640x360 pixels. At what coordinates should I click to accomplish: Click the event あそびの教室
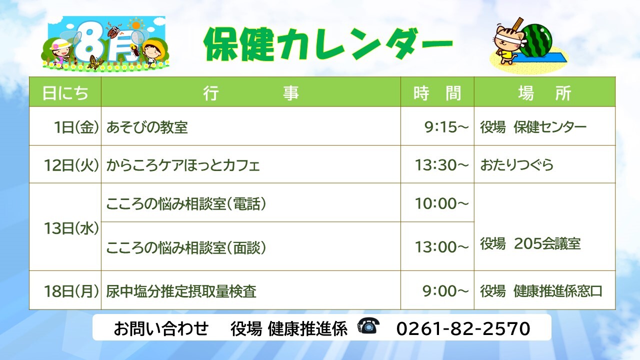tap(147, 127)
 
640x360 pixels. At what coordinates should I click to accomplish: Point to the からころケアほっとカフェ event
tap(183, 165)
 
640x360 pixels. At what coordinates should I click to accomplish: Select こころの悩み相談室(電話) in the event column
tap(186, 203)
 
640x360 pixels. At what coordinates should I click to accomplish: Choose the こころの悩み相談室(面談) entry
tap(186, 247)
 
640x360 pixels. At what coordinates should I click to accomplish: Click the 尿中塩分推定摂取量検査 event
tap(181, 291)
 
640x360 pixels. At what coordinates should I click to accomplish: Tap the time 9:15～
tap(446, 127)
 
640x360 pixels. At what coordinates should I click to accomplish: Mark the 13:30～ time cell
tap(442, 165)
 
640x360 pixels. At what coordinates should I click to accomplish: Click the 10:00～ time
tap(442, 203)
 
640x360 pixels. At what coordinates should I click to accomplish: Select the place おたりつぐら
tap(516, 165)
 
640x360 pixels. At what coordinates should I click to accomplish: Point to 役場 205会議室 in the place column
tap(530, 243)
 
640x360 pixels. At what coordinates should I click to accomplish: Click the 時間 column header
tap(437, 93)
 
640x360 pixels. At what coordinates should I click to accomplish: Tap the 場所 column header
tap(544, 93)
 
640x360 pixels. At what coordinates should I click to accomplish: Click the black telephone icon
tap(368, 325)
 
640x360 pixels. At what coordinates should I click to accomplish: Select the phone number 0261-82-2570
tap(463, 328)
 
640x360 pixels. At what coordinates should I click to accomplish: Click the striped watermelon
tap(535, 40)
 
